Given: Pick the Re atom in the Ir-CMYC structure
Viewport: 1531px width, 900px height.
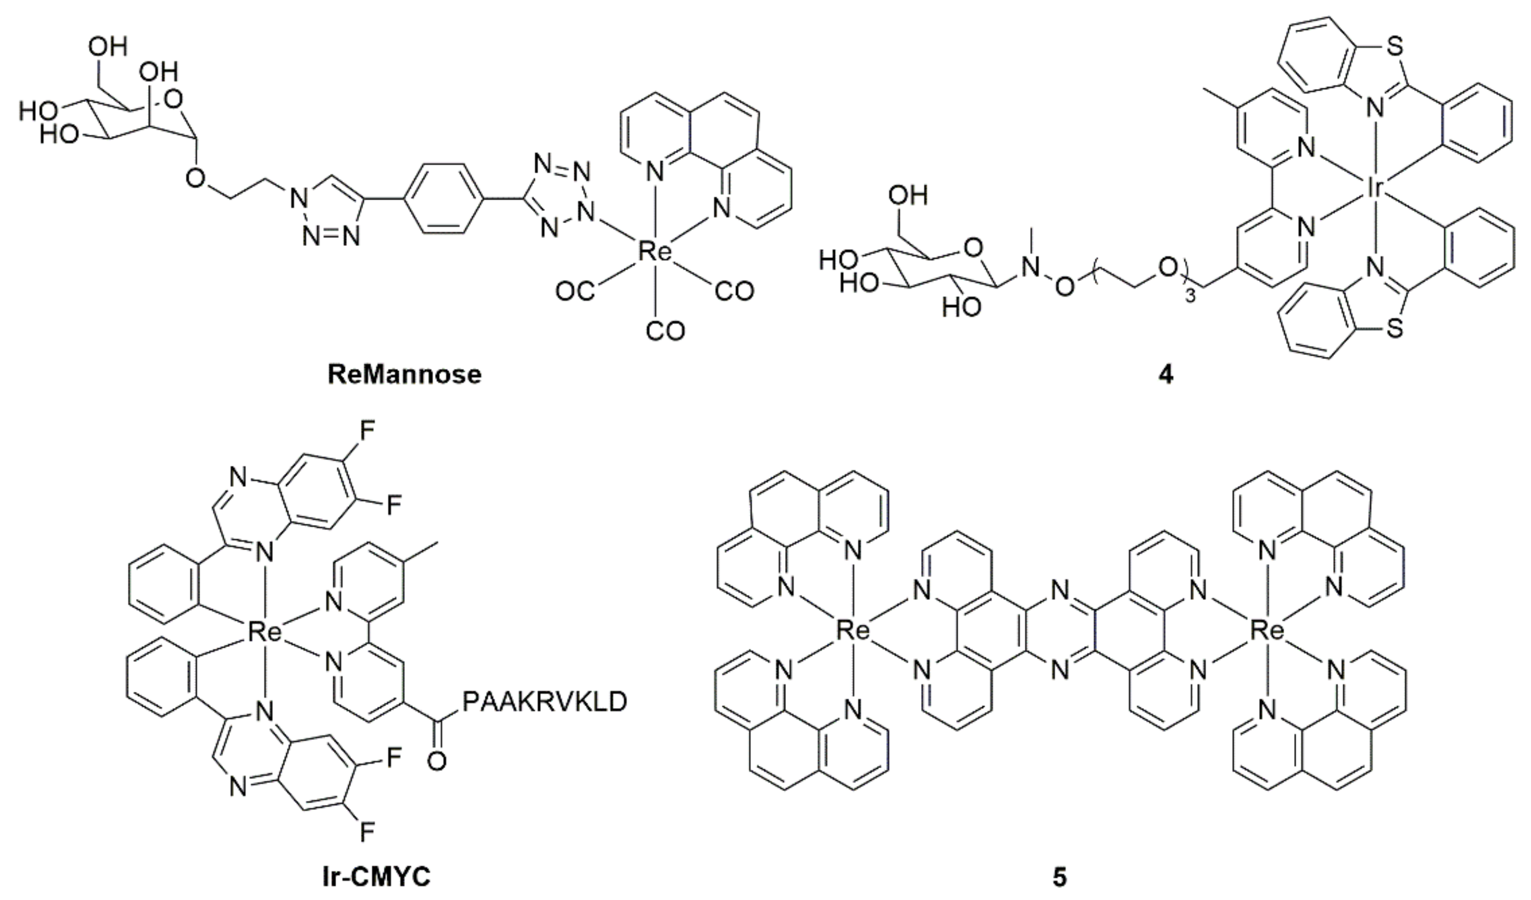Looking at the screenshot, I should pos(265,633).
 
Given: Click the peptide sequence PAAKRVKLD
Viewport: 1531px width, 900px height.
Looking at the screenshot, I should pos(544,702).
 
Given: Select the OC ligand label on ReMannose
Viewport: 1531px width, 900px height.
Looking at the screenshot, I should pos(575,292).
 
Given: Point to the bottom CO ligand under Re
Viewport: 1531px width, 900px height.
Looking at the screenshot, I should pos(665,331).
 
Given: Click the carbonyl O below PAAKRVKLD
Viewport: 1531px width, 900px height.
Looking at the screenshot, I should pos(436,760).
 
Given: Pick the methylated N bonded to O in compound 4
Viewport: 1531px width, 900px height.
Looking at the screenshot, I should pos(1031,266).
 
